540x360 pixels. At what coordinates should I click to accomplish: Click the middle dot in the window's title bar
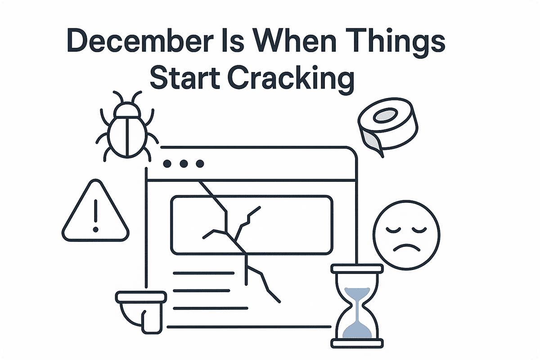[183, 164]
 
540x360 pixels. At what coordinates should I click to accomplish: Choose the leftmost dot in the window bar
[167, 164]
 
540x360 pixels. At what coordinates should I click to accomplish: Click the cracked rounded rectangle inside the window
[252, 225]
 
